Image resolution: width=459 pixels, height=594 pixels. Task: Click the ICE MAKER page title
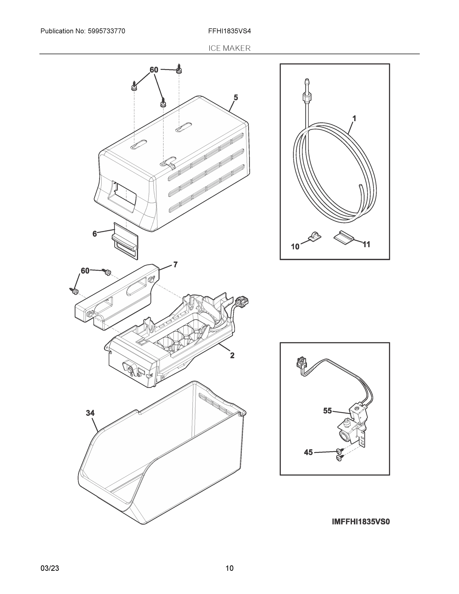[x=229, y=49]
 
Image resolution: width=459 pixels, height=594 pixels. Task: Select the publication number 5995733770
[x=106, y=31]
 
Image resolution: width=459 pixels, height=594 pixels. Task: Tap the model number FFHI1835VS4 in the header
[x=229, y=31]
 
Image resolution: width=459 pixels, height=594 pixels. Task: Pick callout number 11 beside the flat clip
[x=366, y=245]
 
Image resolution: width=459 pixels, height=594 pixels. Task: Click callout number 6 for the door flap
[x=94, y=234]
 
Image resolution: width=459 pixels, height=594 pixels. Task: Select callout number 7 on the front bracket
[x=175, y=264]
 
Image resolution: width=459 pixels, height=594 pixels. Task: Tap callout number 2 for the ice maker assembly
[x=232, y=355]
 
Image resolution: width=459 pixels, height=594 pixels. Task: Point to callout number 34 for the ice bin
[x=90, y=413]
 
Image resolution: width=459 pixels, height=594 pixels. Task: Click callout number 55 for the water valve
[x=327, y=411]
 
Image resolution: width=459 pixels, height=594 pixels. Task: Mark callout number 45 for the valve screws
[x=308, y=452]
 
